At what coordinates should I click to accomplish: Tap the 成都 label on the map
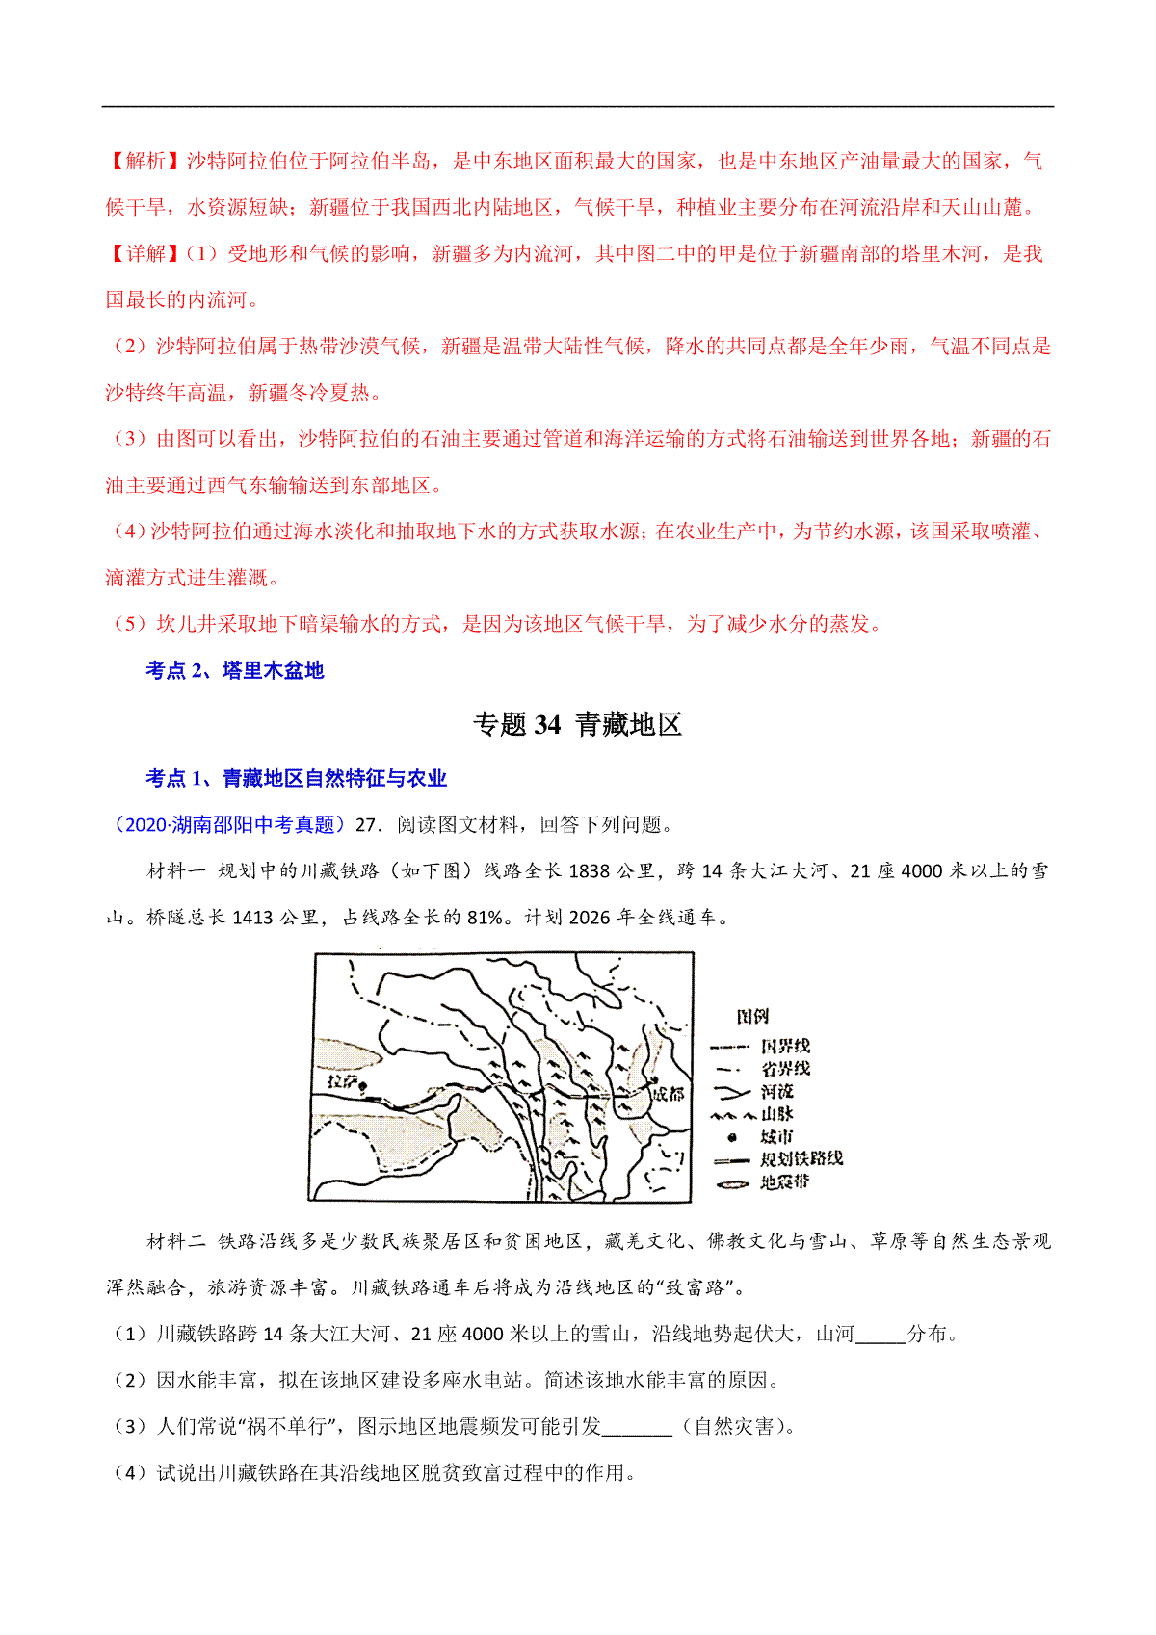668,1094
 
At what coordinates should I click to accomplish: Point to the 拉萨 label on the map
341,1081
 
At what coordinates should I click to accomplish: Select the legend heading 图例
751,1017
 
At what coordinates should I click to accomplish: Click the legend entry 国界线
785,1046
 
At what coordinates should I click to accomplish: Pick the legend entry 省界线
785,1069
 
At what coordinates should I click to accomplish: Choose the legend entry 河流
776,1092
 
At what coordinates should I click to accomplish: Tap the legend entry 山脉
776,1114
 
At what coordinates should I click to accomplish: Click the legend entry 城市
776,1137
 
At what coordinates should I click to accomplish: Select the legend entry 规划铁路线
801,1159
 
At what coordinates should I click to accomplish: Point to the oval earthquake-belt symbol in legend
732,1183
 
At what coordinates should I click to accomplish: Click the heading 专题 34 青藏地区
577,724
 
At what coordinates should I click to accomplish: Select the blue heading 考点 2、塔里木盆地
234,670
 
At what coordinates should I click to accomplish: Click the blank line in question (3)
637,1427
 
